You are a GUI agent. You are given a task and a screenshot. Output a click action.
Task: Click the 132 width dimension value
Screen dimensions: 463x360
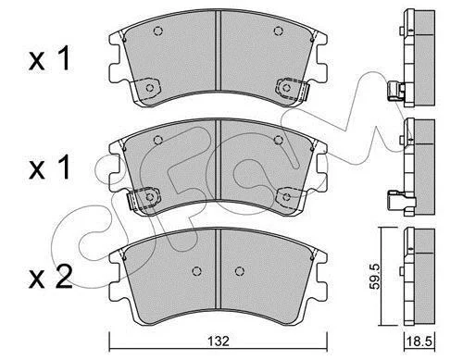[x=219, y=341]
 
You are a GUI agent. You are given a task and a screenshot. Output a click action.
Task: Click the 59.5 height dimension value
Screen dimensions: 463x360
[x=375, y=276]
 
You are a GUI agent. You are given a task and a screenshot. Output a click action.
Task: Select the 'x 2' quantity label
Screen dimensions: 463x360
[x=51, y=277]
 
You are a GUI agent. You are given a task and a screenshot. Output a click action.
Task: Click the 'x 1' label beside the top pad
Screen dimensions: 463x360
[x=49, y=58]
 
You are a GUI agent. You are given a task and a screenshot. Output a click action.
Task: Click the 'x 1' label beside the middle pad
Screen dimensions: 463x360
[x=49, y=168]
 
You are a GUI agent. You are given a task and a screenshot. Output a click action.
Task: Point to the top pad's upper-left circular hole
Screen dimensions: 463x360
[x=157, y=31]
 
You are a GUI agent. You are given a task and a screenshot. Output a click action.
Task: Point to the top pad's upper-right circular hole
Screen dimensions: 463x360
[x=279, y=31]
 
